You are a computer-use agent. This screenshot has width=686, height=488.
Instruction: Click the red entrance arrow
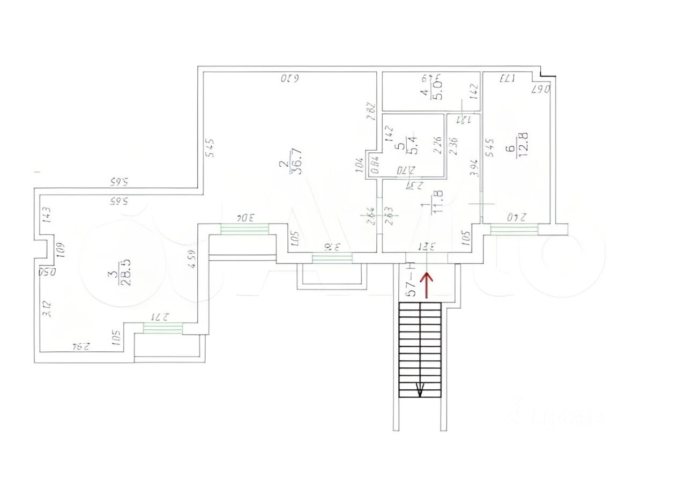427,284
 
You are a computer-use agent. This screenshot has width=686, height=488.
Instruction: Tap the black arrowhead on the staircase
420,391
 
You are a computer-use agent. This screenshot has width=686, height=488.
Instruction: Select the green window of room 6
514,229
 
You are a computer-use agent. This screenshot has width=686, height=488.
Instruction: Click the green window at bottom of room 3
163,328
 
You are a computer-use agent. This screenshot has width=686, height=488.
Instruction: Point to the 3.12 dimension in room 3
47,309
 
